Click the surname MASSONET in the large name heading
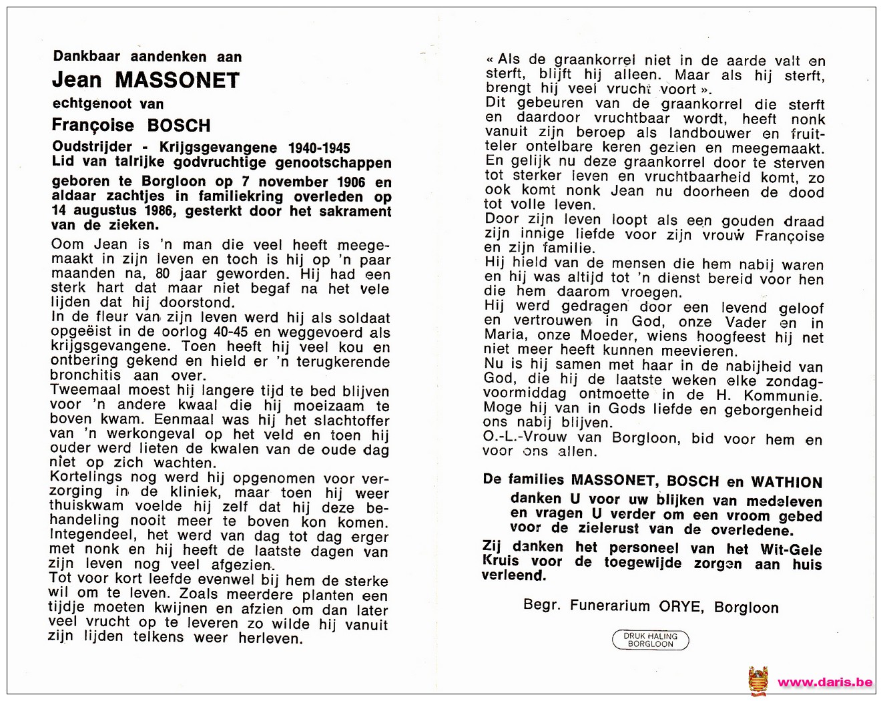click(x=177, y=81)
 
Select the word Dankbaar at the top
click(x=86, y=57)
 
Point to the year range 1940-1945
click(x=319, y=148)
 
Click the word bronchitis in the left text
click(x=85, y=375)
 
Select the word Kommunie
click(x=785, y=395)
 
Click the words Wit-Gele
click(x=791, y=549)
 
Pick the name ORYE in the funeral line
click(x=680, y=607)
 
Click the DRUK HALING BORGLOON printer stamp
click(x=650, y=640)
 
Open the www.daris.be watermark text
click(x=825, y=682)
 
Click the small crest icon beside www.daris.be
click(x=758, y=682)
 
